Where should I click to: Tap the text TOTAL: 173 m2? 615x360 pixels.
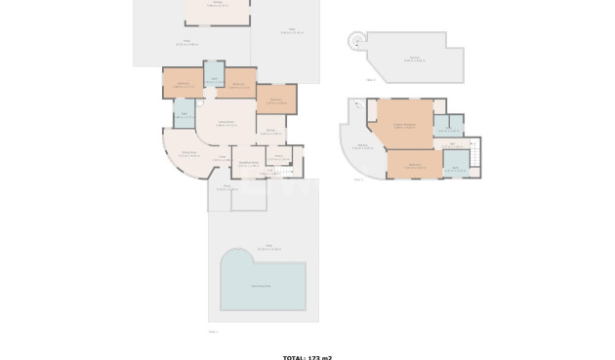[x=307, y=357]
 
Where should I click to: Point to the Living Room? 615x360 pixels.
[x=226, y=124]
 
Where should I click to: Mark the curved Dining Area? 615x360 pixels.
[x=188, y=155]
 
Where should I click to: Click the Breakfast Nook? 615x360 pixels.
[x=248, y=163]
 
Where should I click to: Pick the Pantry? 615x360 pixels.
[x=279, y=156]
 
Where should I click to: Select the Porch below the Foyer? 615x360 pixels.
[x=226, y=187]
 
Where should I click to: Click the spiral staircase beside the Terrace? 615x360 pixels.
[x=357, y=41]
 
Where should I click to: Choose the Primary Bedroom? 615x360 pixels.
[x=404, y=124]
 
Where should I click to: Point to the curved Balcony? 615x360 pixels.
[x=362, y=148]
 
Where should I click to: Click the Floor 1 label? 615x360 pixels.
[x=213, y=332]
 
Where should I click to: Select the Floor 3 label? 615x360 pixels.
[x=370, y=80]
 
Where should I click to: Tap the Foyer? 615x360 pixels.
[x=223, y=158]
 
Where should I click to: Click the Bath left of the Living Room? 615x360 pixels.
[x=184, y=115]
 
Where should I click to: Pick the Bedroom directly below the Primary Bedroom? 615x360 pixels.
[x=414, y=164]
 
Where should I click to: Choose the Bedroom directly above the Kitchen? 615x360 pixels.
[x=275, y=100]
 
